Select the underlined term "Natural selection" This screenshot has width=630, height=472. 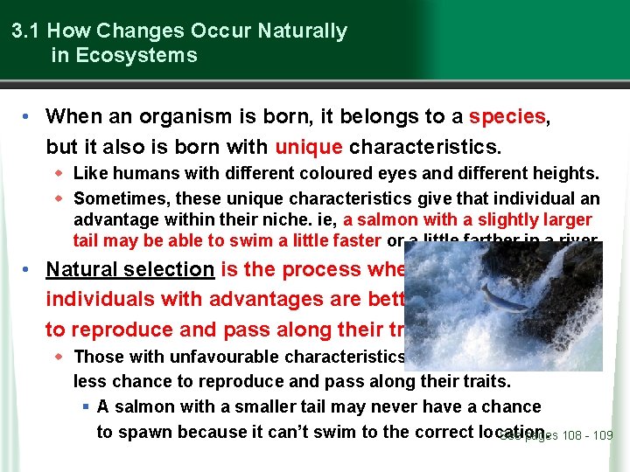tap(130, 270)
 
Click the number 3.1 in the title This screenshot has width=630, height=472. tap(27, 31)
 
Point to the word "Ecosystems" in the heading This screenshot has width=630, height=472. tap(136, 56)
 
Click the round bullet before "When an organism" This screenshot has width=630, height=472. tap(30, 116)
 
